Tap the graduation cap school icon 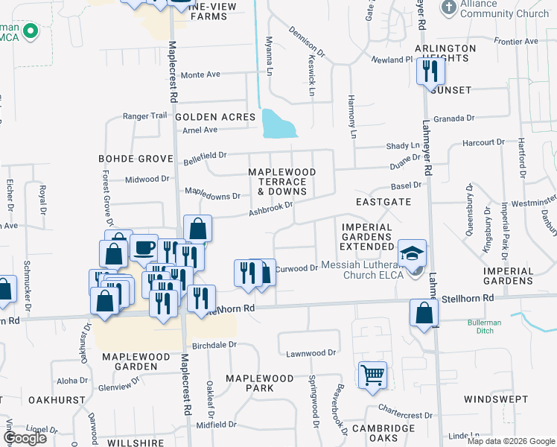(413, 252)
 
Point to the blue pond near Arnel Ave (278, 124)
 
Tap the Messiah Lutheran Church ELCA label (362, 270)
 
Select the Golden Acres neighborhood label (216, 117)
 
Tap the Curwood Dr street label (296, 269)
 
